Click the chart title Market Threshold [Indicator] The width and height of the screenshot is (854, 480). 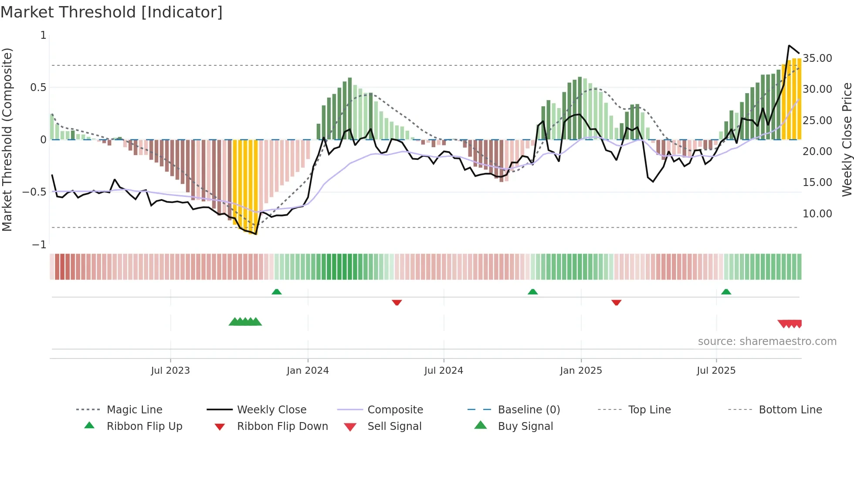(x=112, y=12)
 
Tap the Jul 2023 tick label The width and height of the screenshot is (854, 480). (x=170, y=371)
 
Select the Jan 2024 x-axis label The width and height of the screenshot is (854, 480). (x=308, y=371)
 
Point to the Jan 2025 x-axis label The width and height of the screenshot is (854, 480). (x=581, y=371)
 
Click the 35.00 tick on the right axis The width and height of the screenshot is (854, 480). (x=817, y=58)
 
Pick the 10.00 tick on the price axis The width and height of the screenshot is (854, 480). (x=817, y=214)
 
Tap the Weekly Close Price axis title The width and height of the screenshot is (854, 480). (x=847, y=139)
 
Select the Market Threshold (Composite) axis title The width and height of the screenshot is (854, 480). (x=7, y=139)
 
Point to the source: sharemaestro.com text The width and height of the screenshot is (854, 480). (x=767, y=341)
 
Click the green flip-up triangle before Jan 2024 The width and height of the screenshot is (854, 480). (x=277, y=292)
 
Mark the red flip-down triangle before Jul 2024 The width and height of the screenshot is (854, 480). (x=396, y=302)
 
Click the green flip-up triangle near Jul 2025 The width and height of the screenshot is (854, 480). (x=726, y=292)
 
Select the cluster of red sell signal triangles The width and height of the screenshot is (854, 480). (x=790, y=324)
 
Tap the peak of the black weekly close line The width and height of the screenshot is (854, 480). (x=789, y=45)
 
